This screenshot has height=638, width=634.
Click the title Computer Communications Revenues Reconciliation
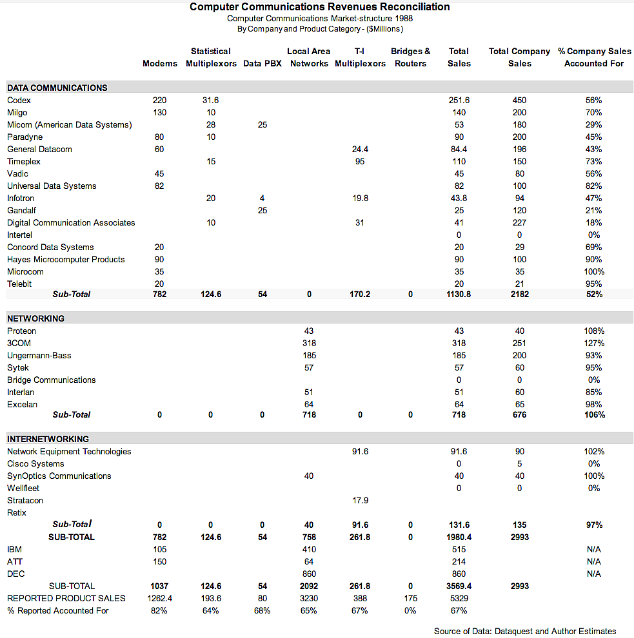point(319,7)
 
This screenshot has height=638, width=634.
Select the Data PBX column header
point(263,64)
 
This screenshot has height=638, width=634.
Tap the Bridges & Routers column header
point(410,57)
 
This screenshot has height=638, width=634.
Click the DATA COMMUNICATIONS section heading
point(57,88)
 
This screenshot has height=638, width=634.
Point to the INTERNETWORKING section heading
point(48,439)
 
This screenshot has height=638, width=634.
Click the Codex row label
point(19,100)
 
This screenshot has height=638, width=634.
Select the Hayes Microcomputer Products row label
point(66,259)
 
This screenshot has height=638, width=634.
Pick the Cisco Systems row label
point(35,463)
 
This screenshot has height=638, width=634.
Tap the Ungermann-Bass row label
point(39,355)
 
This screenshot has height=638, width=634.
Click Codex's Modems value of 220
point(159,100)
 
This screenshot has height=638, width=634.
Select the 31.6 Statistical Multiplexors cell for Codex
point(211,100)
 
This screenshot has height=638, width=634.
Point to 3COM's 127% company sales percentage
point(594,343)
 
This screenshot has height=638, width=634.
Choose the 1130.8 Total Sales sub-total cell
point(459,294)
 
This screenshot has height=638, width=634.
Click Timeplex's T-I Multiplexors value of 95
point(360,161)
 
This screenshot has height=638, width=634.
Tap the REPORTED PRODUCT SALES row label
point(66,598)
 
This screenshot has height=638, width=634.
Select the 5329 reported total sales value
point(459,598)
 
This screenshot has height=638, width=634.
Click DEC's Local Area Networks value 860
point(309,574)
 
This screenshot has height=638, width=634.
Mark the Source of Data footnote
point(525,631)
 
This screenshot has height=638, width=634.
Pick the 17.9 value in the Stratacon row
point(360,500)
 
